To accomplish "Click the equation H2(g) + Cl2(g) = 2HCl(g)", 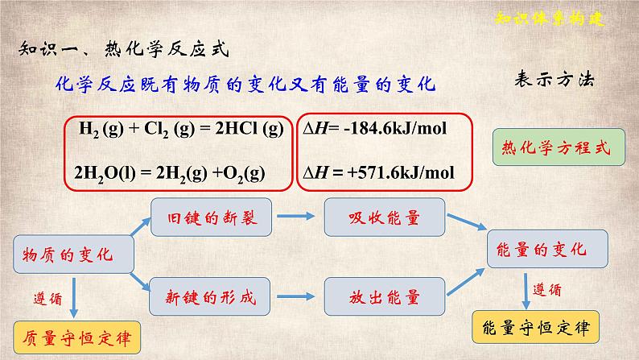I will tap(181, 128).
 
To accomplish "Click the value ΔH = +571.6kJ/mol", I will tap(377, 172).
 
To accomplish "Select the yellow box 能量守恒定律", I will tap(534, 328).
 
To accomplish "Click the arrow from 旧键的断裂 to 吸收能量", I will tap(299, 217).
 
